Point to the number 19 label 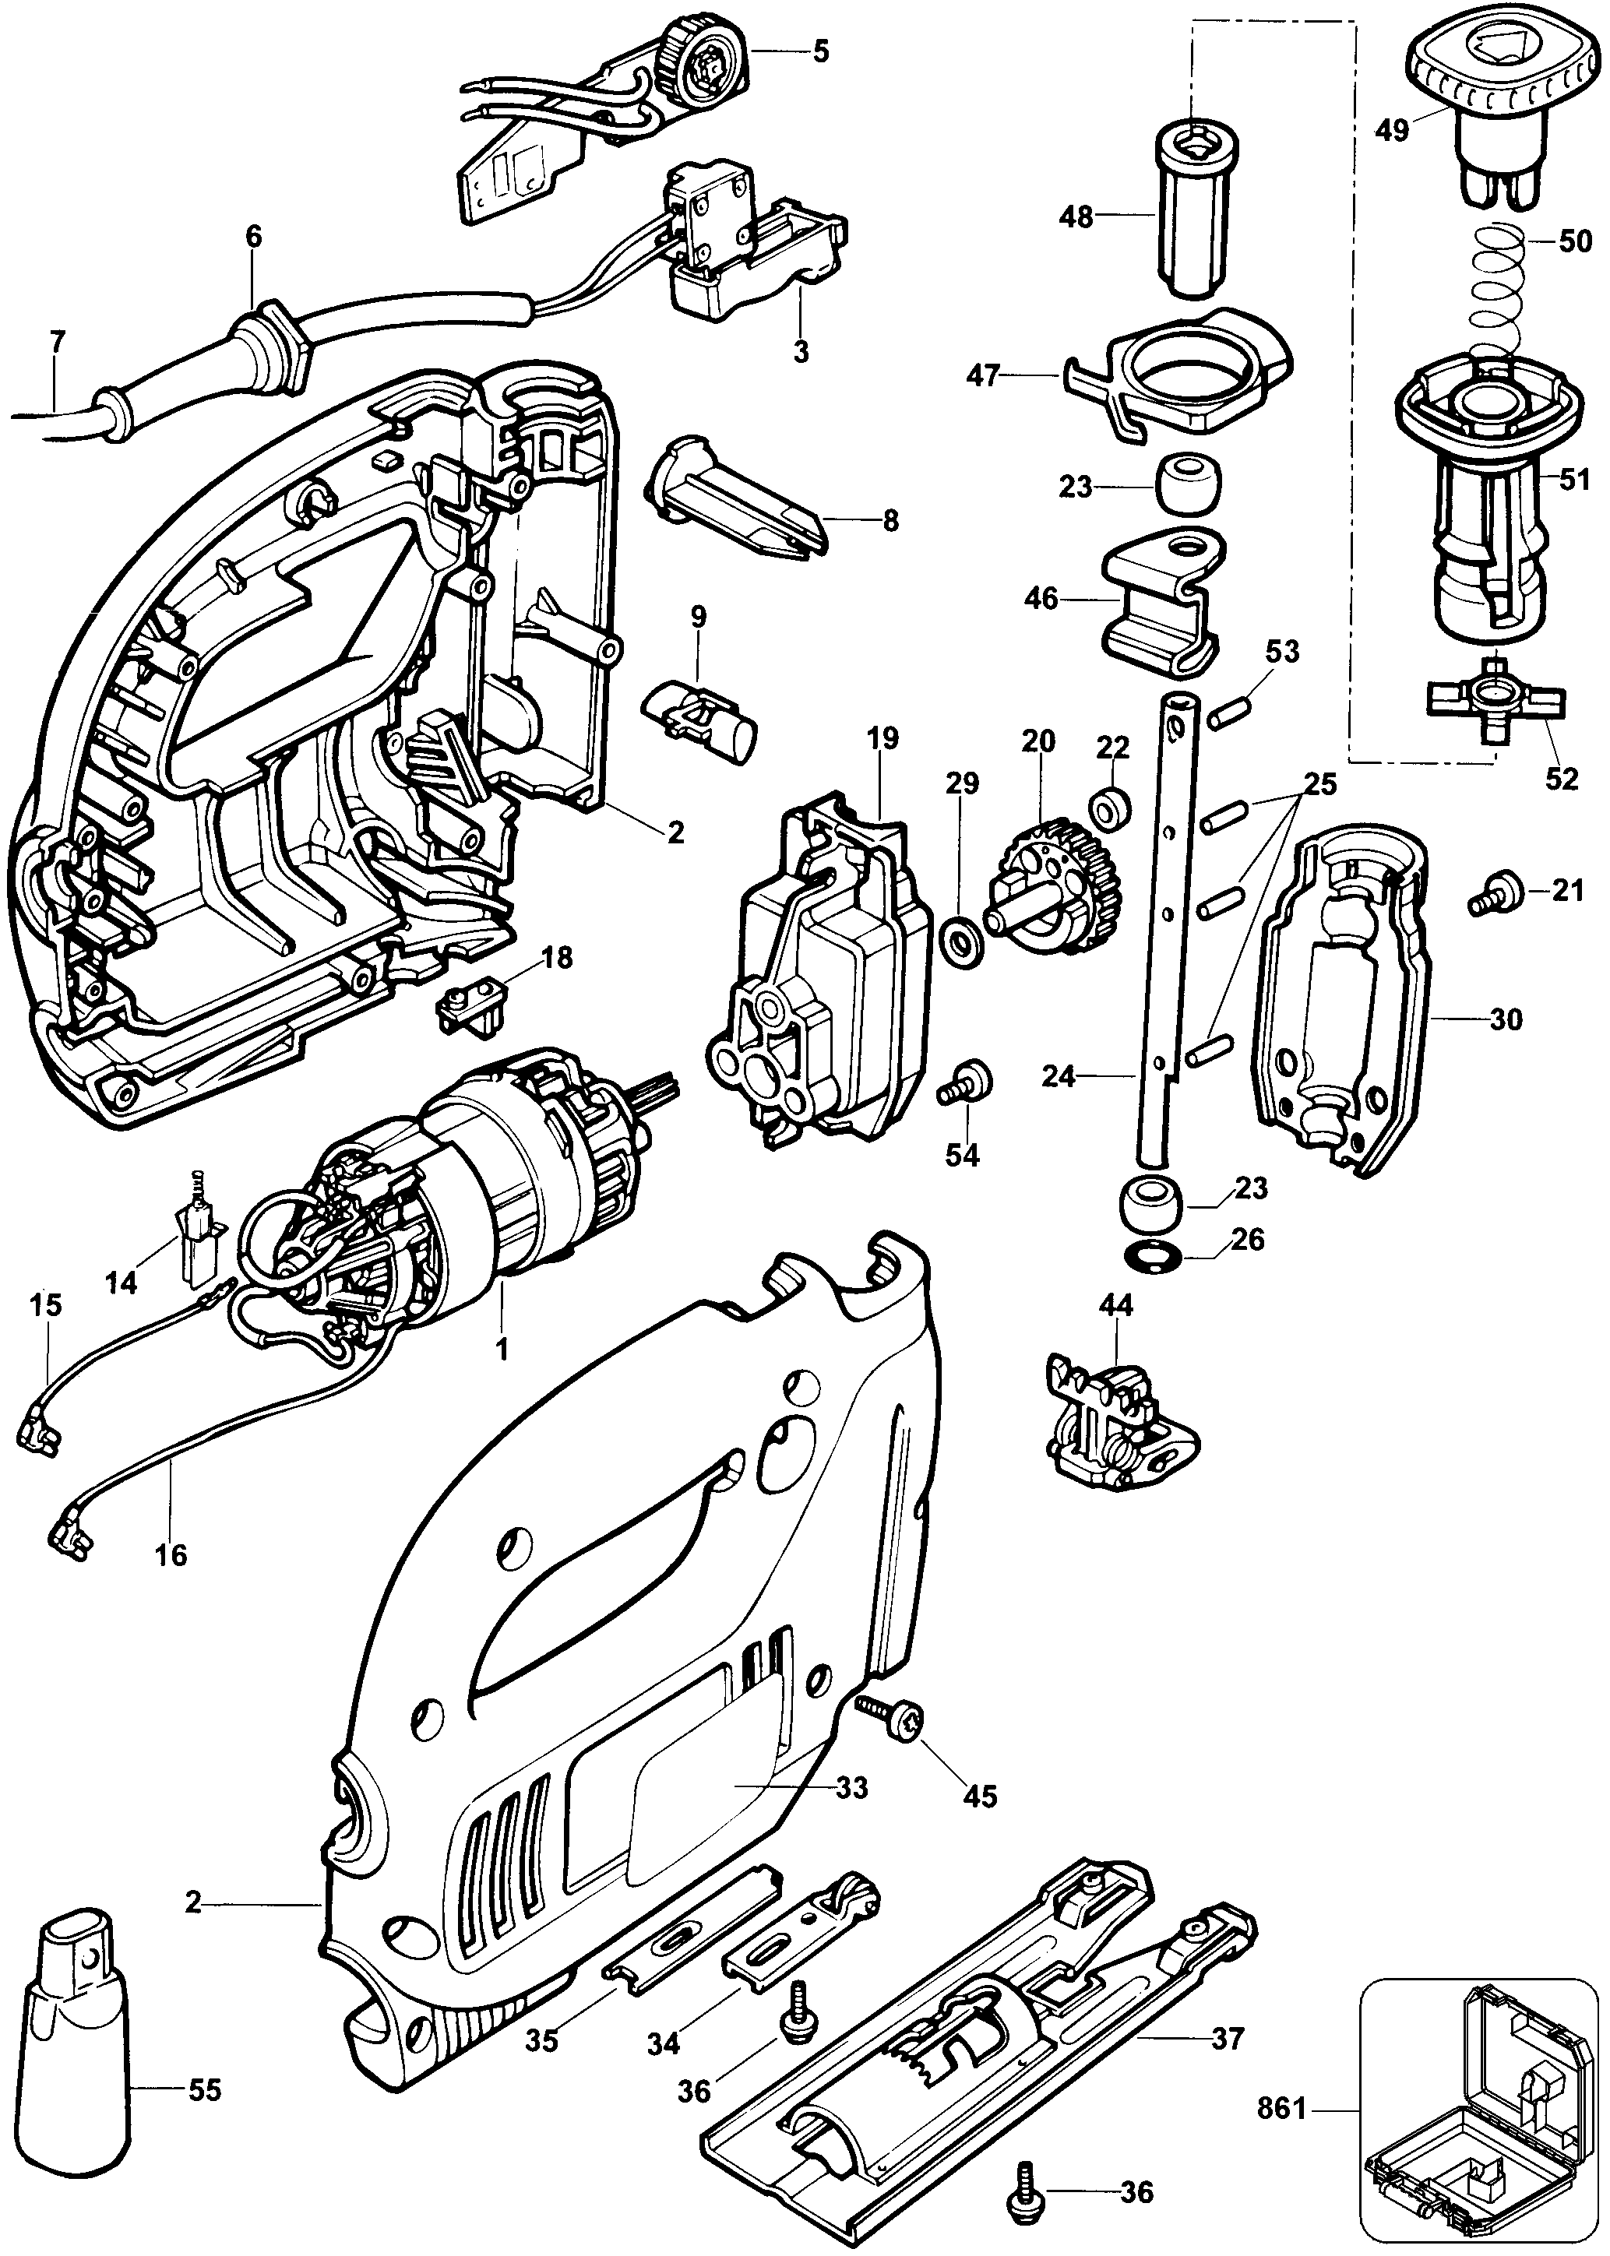click(882, 738)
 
